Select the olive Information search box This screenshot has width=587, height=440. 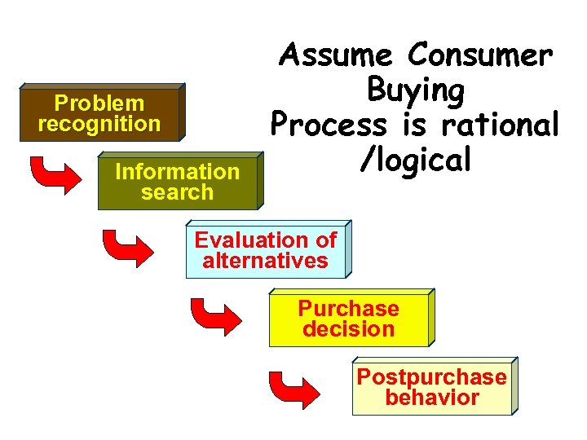[177, 182]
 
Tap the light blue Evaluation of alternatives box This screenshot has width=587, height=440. [266, 251]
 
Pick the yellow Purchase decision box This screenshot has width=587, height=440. [348, 319]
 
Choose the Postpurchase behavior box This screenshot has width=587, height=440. [432, 388]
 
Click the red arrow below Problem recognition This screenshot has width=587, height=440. [52, 174]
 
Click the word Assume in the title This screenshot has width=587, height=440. [337, 56]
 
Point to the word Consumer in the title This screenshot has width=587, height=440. [480, 56]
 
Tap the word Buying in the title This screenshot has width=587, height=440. [416, 90]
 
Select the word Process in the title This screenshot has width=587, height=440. [329, 125]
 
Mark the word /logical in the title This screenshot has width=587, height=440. [416, 160]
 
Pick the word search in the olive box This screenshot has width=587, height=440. [177, 193]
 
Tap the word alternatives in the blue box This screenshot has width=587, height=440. [266, 262]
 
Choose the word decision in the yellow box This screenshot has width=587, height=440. [348, 330]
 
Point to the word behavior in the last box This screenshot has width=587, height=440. [432, 398]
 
